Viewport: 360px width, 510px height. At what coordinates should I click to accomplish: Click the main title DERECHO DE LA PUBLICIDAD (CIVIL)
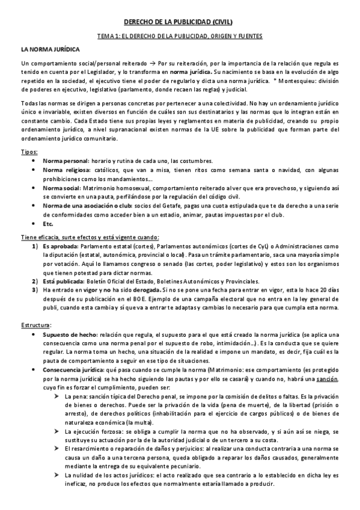point(180,22)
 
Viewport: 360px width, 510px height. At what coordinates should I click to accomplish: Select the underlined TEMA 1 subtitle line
point(180,37)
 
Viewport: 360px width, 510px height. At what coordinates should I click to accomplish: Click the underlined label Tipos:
point(29,153)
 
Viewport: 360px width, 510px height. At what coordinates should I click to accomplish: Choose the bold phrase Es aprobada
point(60,246)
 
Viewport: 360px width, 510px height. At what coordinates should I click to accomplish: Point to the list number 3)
point(35,290)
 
